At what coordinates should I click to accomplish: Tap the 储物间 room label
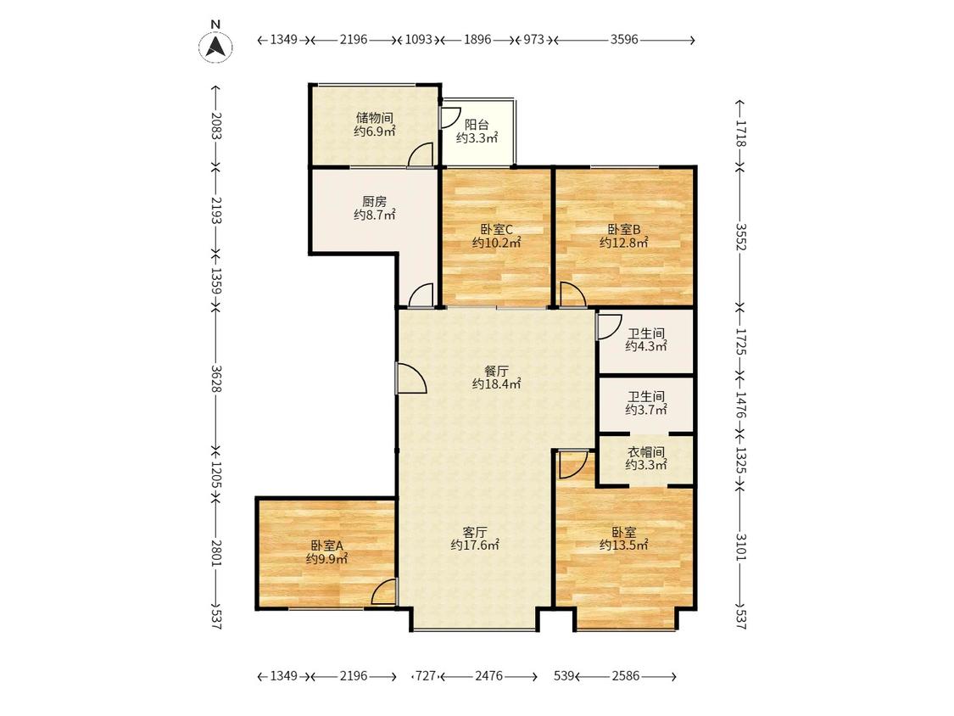tap(374, 118)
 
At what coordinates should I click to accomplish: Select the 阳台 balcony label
tap(477, 125)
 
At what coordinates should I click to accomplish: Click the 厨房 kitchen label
tap(374, 202)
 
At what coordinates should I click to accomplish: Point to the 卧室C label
tap(496, 230)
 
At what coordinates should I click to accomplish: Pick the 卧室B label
tap(623, 230)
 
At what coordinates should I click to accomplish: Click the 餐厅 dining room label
tap(496, 371)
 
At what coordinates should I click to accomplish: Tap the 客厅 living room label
tap(475, 532)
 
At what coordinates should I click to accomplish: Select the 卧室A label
tap(326, 545)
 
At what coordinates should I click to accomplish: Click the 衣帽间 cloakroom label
tap(646, 452)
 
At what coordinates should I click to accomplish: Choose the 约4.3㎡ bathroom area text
tap(646, 346)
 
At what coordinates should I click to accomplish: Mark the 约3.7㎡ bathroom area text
tap(646, 410)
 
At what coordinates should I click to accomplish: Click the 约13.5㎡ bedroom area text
tap(623, 545)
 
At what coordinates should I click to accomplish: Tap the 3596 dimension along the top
tap(624, 40)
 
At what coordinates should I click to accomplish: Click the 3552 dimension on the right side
tap(740, 236)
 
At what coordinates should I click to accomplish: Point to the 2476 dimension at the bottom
tap(488, 676)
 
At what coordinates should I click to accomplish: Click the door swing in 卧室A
tap(382, 591)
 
